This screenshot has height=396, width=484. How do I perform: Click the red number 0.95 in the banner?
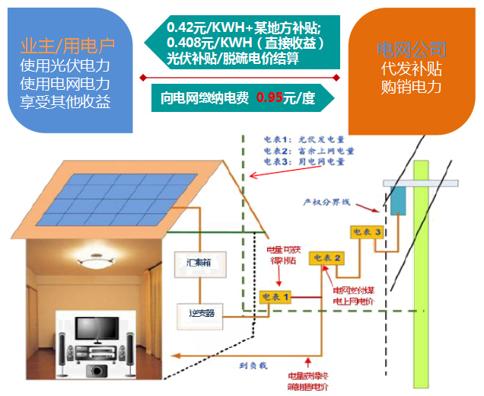269,97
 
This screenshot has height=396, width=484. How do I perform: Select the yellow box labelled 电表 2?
326,258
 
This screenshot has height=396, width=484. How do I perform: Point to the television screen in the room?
92,326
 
